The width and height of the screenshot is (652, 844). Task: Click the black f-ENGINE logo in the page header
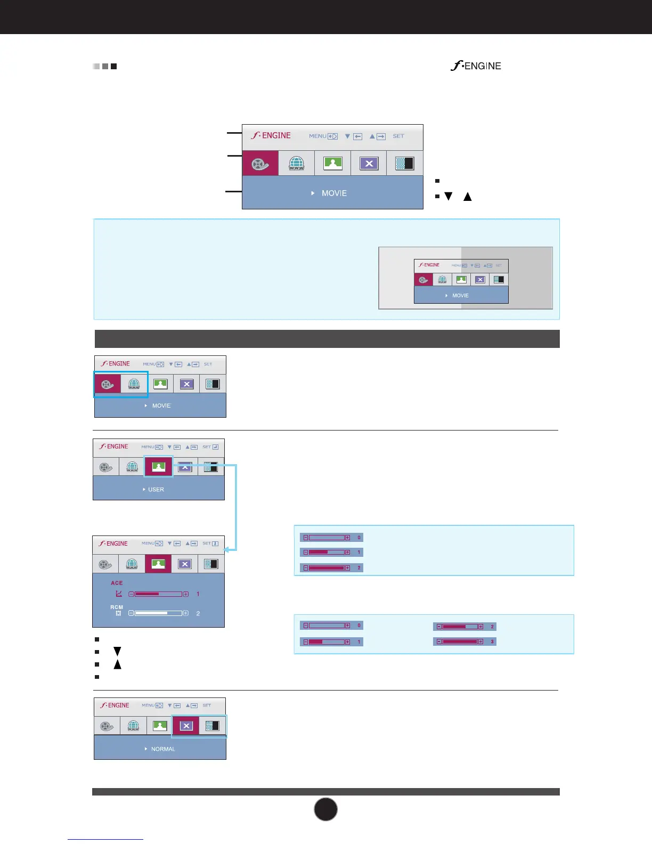(x=476, y=66)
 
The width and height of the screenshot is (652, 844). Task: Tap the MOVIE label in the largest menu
(x=334, y=193)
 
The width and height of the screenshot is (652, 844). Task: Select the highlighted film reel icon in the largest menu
(x=260, y=164)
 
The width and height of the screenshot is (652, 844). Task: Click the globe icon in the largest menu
(x=296, y=164)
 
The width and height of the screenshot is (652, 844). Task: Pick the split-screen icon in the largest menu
(x=405, y=164)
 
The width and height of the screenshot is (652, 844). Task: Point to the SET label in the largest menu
(x=398, y=136)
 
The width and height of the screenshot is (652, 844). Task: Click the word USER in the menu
(x=156, y=490)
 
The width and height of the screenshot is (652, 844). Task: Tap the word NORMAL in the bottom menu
(x=163, y=749)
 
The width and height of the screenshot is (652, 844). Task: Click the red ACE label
(x=117, y=583)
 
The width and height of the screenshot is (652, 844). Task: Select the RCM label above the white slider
(x=117, y=607)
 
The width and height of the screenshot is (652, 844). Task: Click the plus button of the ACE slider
(x=186, y=594)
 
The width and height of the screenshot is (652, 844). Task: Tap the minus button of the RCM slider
(x=131, y=613)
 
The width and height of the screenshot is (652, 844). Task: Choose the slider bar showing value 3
(x=460, y=642)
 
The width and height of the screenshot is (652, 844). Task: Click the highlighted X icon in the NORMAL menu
(x=186, y=726)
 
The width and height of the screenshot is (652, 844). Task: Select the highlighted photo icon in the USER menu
(x=158, y=467)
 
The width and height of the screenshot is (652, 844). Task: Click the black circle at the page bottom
(x=325, y=809)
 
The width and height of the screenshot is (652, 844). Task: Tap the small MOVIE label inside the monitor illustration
(x=460, y=296)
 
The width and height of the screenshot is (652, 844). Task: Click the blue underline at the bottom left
(x=105, y=840)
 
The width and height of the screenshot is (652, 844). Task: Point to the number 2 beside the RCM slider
(x=198, y=614)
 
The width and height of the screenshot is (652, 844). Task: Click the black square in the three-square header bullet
(x=113, y=67)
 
